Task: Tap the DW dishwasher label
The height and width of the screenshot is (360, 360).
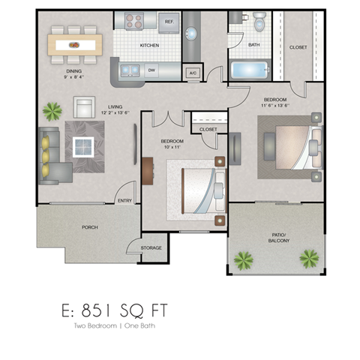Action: click(x=151, y=71)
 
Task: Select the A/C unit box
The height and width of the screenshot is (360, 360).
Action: click(x=193, y=73)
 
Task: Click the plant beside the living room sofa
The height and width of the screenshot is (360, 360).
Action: click(x=52, y=112)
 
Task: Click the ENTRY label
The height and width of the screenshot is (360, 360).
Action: click(x=124, y=200)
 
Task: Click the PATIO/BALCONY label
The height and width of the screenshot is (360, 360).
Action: click(x=277, y=238)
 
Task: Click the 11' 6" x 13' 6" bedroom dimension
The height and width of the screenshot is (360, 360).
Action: click(x=276, y=106)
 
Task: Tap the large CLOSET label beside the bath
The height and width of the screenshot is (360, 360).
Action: click(x=298, y=46)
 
